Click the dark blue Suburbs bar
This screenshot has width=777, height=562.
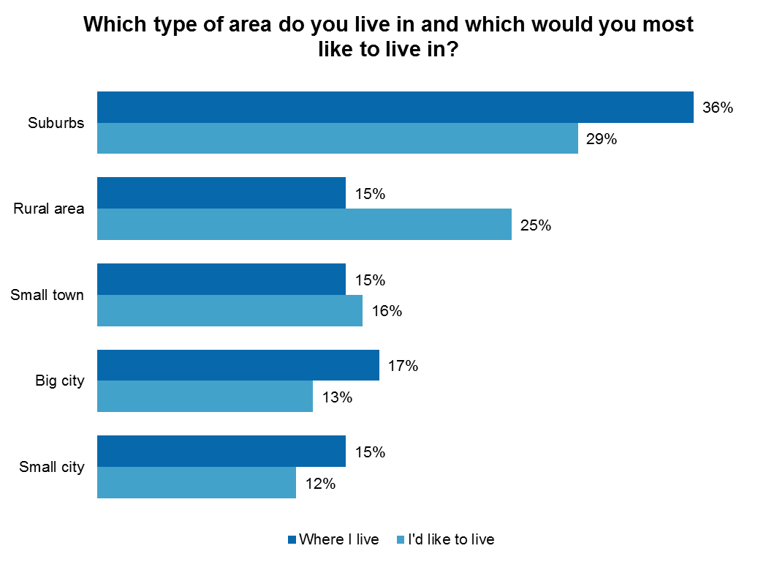[x=395, y=107]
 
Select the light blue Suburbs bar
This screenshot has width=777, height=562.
[x=337, y=138]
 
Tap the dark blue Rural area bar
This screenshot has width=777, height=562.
[x=221, y=192]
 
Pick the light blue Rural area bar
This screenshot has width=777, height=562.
[x=304, y=224]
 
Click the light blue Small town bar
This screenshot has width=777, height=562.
[x=230, y=310]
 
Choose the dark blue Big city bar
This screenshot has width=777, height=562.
[x=238, y=365]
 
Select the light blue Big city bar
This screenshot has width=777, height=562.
[x=205, y=396]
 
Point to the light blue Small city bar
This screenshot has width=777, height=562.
[x=196, y=482]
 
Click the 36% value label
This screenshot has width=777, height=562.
[x=717, y=108]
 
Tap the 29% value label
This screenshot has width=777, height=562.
[x=602, y=139]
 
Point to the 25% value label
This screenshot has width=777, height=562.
[x=535, y=225]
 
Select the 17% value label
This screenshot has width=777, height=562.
[x=403, y=366]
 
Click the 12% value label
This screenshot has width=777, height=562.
[x=319, y=483]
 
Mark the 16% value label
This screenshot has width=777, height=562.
[x=386, y=311]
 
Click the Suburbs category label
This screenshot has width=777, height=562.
[x=56, y=123]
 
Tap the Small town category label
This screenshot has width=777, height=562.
[x=48, y=295]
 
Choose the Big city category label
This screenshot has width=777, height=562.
[x=60, y=381]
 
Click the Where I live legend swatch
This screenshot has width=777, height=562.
[x=292, y=540]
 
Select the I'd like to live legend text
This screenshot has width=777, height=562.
[x=451, y=540]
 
